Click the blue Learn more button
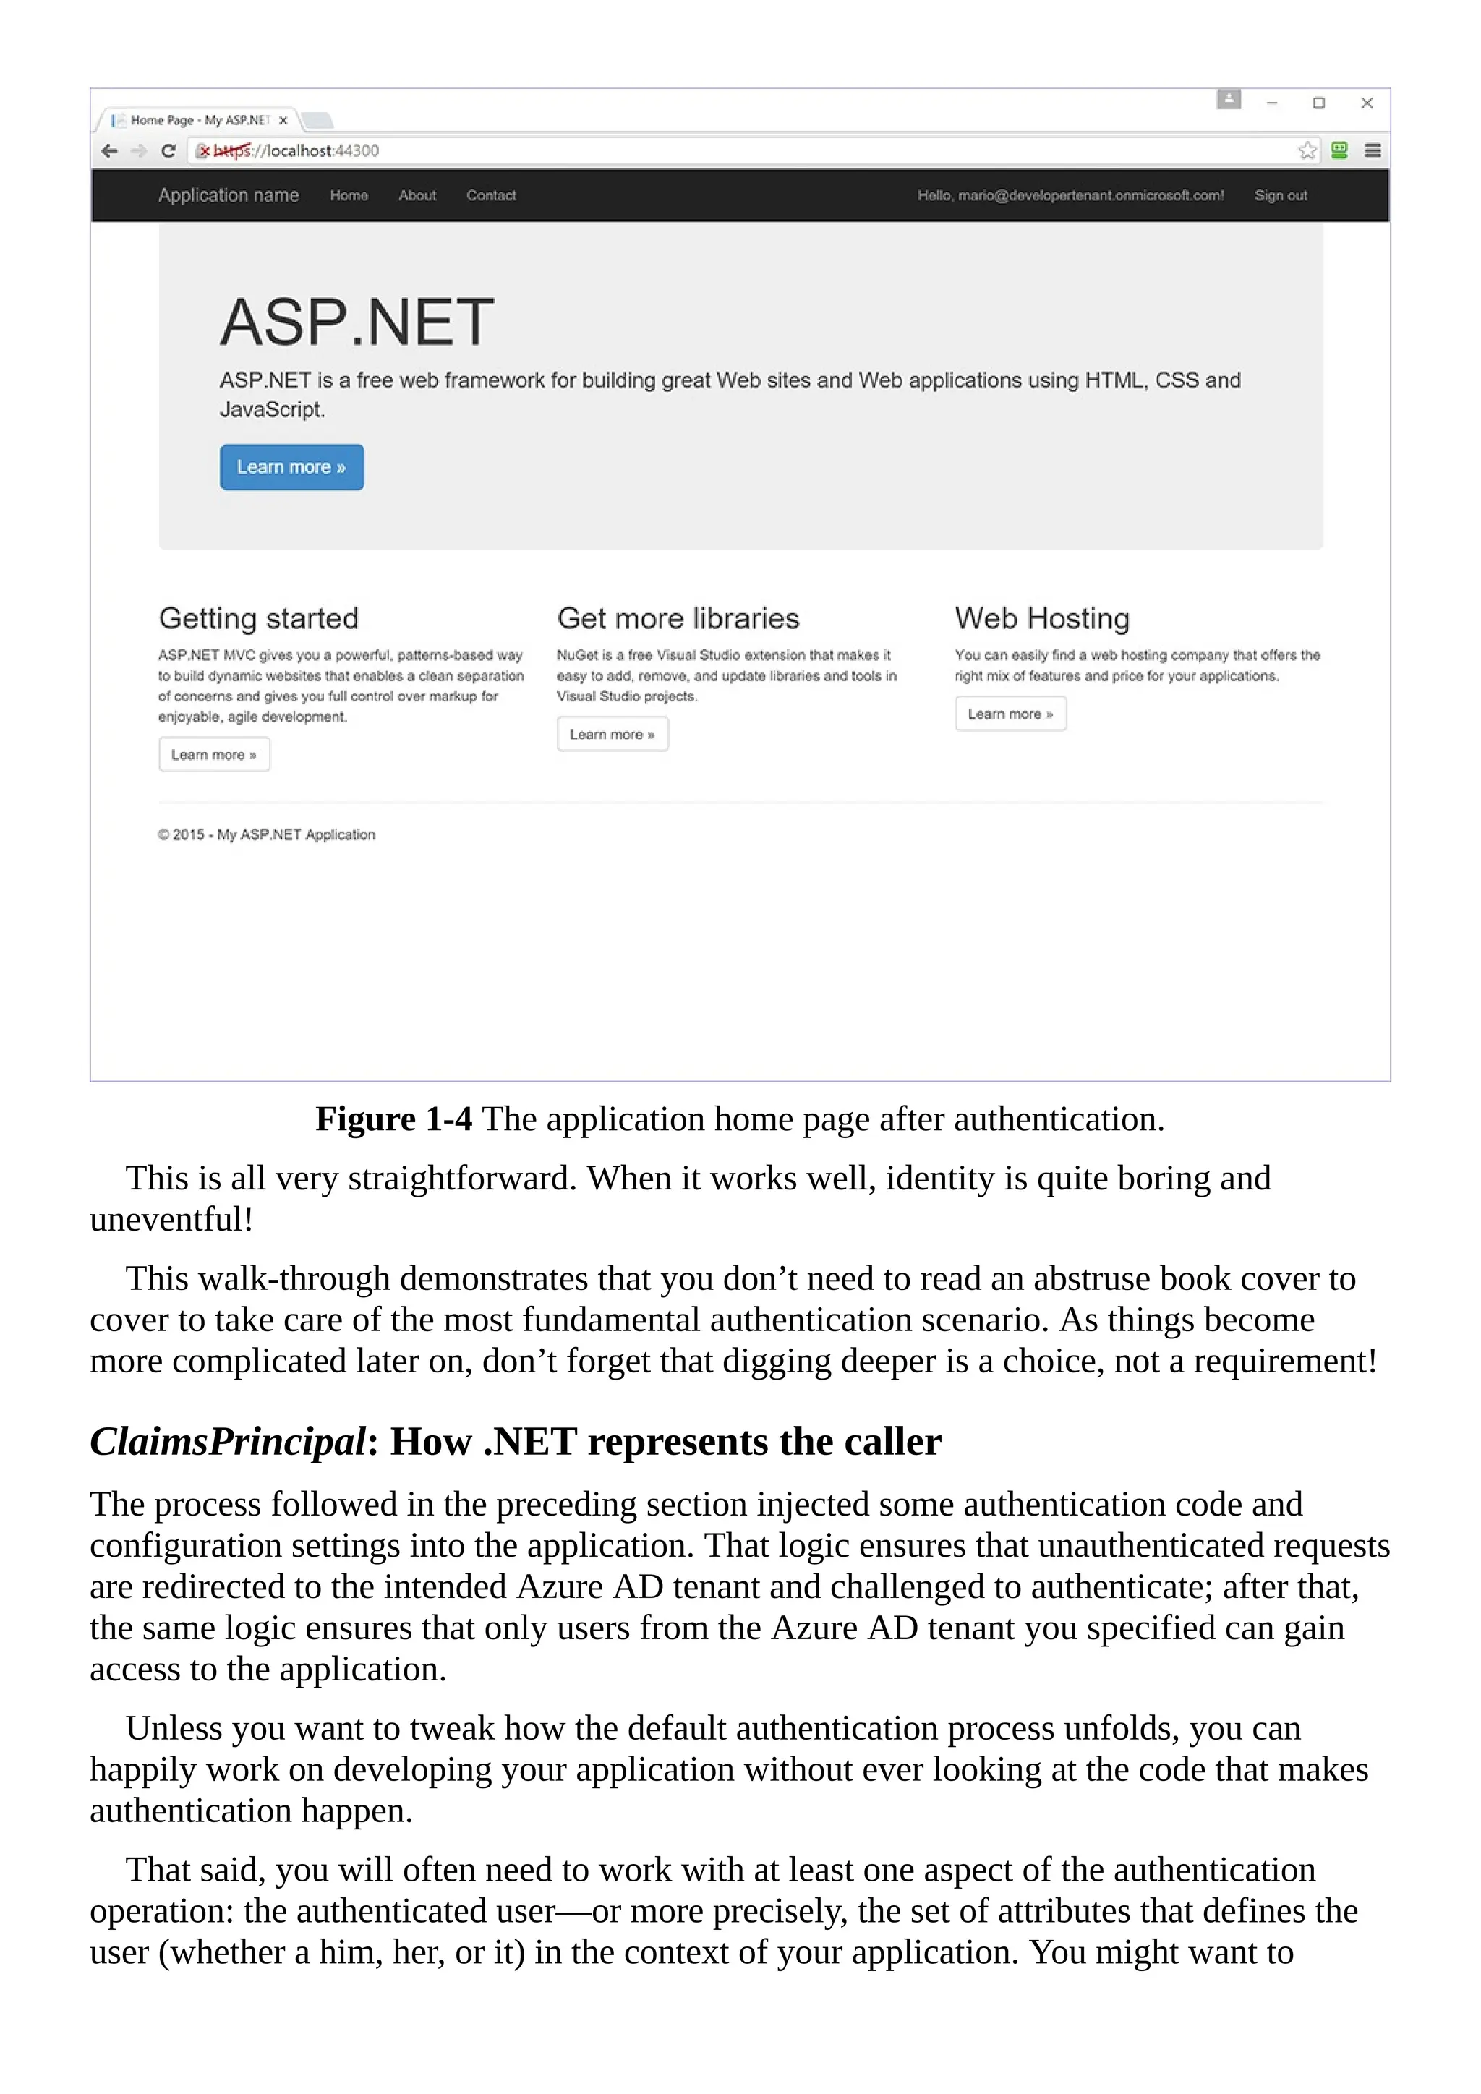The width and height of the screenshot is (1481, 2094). [x=292, y=467]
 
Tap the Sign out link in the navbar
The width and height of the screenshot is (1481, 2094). [x=1281, y=195]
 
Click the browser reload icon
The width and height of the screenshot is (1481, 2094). [x=168, y=151]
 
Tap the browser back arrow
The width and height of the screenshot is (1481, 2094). [x=109, y=151]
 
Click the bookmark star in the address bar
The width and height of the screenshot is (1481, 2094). [x=1307, y=151]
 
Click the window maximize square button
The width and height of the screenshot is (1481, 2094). [x=1319, y=103]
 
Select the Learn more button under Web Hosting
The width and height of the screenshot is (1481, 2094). [x=1010, y=714]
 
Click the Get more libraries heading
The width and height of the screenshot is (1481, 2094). [x=678, y=618]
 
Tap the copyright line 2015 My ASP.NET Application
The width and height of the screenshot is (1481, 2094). [x=266, y=834]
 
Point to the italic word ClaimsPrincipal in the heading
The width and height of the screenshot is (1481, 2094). [x=227, y=1442]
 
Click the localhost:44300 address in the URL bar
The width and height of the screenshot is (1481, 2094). [x=321, y=151]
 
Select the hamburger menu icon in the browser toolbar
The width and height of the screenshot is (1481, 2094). [x=1373, y=151]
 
